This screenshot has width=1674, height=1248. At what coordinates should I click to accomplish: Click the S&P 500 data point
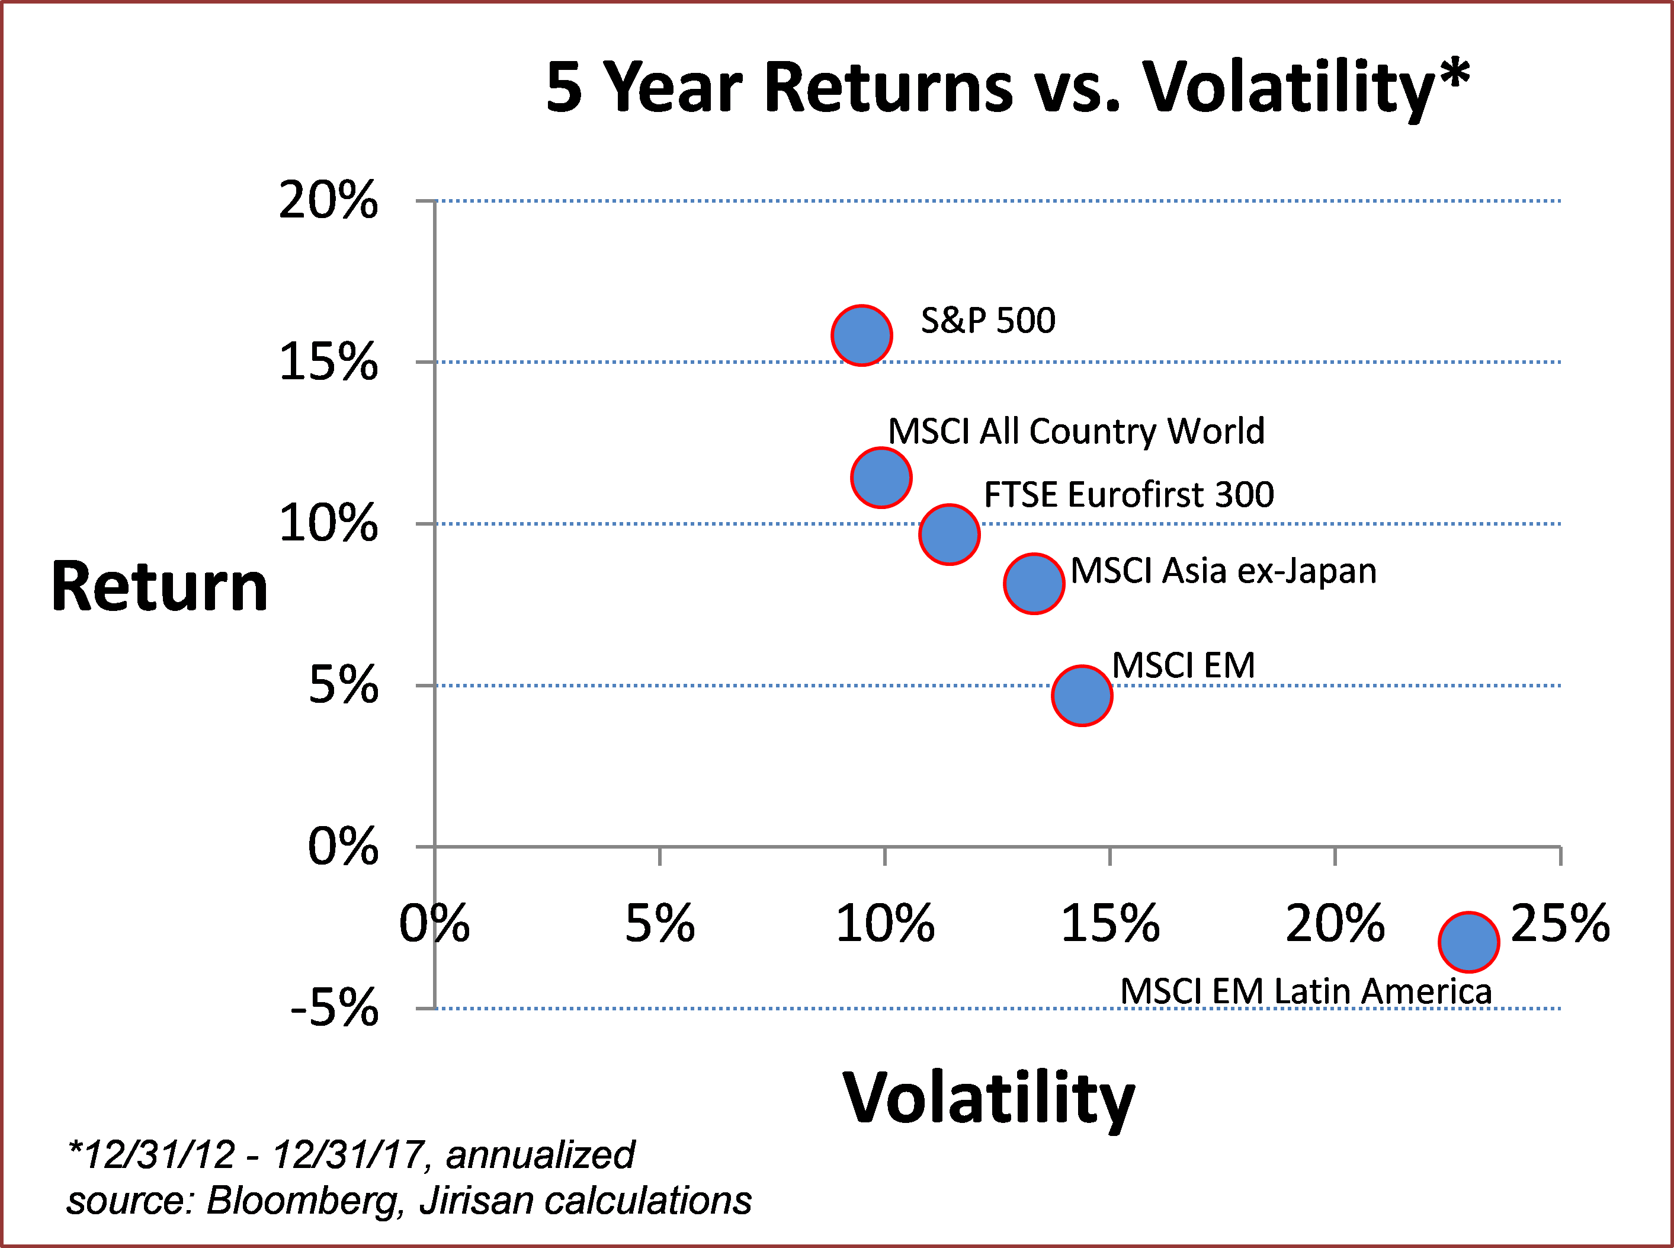[861, 335]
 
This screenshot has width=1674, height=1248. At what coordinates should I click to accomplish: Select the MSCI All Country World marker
[881, 478]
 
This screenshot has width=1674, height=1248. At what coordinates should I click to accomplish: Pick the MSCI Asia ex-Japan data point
[1034, 583]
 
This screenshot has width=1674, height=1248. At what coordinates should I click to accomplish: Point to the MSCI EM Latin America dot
[1468, 942]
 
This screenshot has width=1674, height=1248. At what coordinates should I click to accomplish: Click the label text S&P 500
[987, 321]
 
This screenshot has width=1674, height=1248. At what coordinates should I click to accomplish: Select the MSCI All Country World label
[1076, 431]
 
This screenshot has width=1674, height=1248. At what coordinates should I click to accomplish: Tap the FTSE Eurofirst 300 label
[1129, 495]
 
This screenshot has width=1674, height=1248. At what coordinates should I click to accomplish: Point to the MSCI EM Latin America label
[1306, 991]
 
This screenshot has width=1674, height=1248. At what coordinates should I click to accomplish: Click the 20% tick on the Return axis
[328, 201]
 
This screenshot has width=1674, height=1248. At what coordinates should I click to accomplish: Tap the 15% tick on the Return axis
[328, 362]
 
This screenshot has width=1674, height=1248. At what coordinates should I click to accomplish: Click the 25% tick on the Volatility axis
[1560, 923]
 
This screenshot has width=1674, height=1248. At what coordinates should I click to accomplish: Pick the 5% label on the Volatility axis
[659, 923]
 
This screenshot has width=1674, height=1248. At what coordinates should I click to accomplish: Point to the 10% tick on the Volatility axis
[885, 923]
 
